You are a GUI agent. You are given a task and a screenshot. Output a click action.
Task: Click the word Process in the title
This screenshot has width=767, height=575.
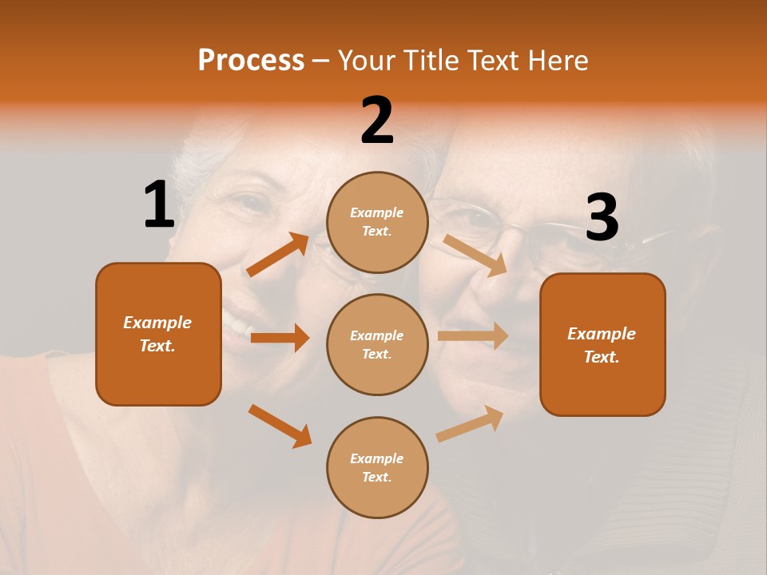pos(251,61)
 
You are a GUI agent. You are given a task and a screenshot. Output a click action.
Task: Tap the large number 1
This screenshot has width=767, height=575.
pos(158,204)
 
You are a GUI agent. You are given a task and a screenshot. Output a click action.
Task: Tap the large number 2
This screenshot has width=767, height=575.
pos(377,121)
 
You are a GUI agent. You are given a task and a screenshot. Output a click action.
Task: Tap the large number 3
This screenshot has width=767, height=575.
pos(602,218)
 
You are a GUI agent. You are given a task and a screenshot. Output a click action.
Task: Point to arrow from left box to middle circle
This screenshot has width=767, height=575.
pos(280,338)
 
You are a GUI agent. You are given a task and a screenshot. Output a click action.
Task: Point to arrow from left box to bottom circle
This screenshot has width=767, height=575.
pos(280,426)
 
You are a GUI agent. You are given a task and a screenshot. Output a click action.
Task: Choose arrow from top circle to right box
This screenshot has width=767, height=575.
pos(475,255)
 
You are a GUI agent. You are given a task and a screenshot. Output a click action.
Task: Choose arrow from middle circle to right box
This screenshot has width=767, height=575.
pos(473,335)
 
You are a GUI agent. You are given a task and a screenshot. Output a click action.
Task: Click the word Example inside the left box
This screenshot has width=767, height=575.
pos(157,323)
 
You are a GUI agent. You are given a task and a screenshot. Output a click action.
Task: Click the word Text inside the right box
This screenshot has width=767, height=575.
pos(602,357)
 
